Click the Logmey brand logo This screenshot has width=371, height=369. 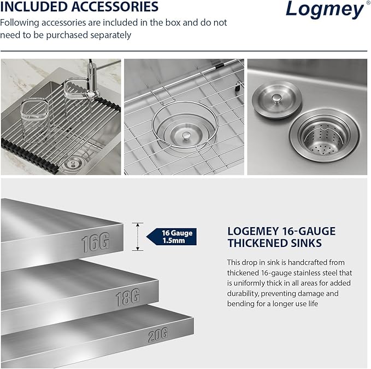coord(325,10)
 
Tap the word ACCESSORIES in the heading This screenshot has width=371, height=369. coord(118,7)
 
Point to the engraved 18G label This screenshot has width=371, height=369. coord(127,298)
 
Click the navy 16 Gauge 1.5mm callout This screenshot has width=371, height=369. coord(173,237)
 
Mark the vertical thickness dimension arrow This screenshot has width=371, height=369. coord(138,237)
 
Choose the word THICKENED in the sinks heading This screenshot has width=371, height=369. coord(261,244)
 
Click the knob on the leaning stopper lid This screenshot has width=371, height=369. coord(279,97)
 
